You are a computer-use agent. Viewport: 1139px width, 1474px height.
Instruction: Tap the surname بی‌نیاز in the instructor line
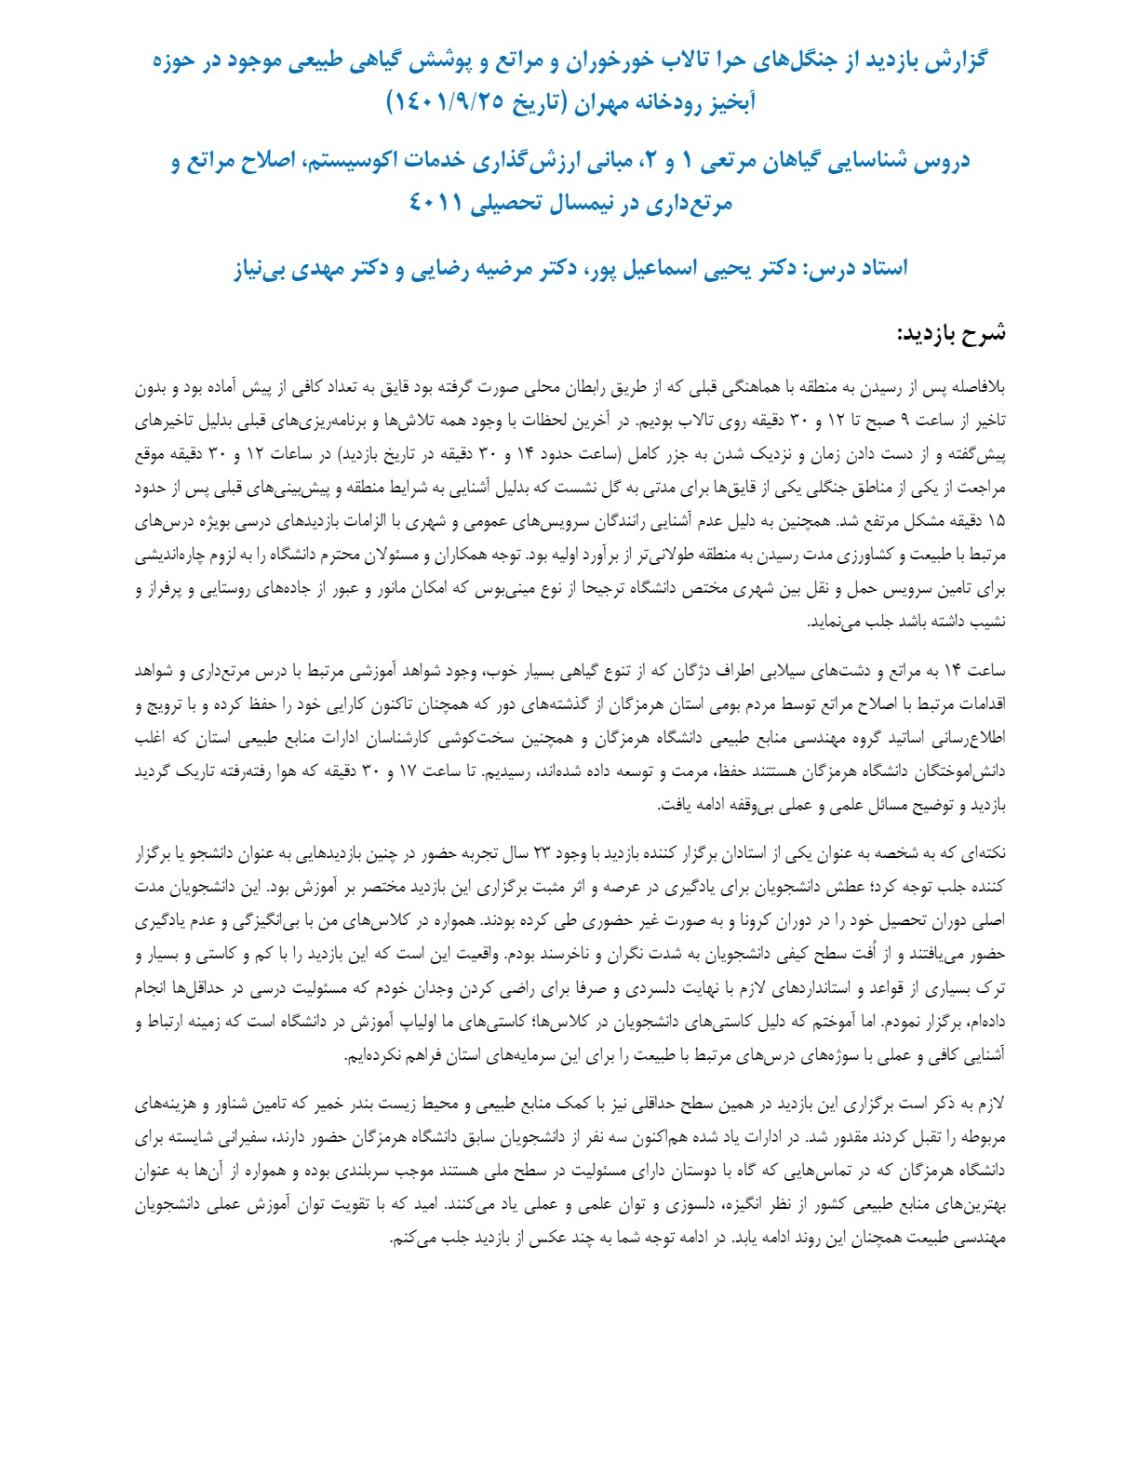pyautogui.click(x=261, y=269)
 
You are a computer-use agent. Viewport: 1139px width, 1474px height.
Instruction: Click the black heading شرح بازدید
pyautogui.click(x=951, y=334)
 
